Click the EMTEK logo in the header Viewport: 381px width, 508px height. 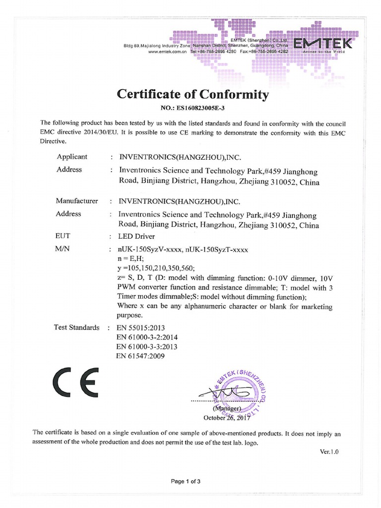pyautogui.click(x=323, y=45)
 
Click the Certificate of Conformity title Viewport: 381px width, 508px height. pyautogui.click(x=192, y=94)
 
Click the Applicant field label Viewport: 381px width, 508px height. pyautogui.click(x=72, y=157)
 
